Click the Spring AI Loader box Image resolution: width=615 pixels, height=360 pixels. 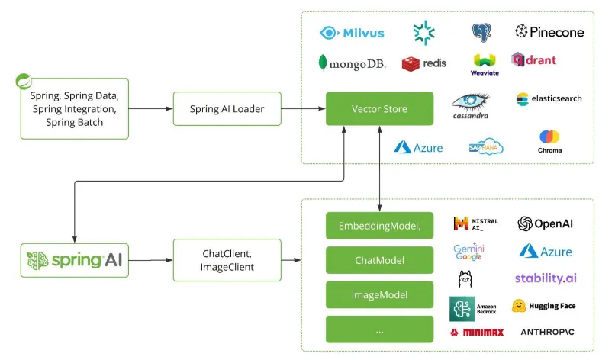pyautogui.click(x=227, y=109)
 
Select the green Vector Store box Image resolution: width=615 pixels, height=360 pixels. pyautogui.click(x=379, y=109)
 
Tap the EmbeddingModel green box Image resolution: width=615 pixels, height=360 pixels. pyautogui.click(x=379, y=225)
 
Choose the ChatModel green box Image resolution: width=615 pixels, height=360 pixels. pyautogui.click(x=379, y=260)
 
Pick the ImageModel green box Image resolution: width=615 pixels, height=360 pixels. pyautogui.click(x=379, y=294)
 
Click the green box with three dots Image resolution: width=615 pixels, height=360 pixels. pyautogui.click(x=379, y=329)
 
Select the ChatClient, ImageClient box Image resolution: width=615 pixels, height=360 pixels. pyautogui.click(x=227, y=260)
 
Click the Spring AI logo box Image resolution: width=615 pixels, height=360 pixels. pyautogui.click(x=74, y=260)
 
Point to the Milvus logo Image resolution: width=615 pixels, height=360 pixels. pyautogui.click(x=352, y=33)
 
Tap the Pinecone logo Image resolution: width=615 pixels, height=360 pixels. pyautogui.click(x=549, y=32)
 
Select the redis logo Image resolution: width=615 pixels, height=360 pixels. pyautogui.click(x=425, y=63)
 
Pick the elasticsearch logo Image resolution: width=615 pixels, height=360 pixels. pyautogui.click(x=549, y=99)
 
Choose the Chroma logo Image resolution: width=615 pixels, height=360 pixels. pyautogui.click(x=549, y=142)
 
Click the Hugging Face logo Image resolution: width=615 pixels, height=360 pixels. pyautogui.click(x=543, y=306)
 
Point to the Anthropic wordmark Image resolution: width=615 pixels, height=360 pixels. pyautogui.click(x=547, y=333)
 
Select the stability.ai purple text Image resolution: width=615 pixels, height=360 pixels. pyautogui.click(x=546, y=278)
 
